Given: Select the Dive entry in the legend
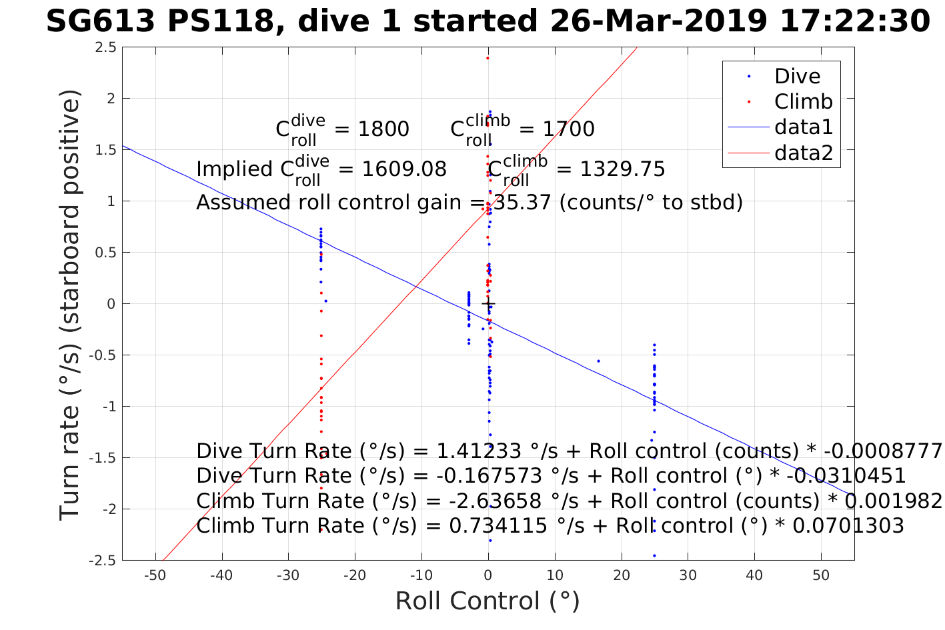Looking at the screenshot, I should (x=797, y=77).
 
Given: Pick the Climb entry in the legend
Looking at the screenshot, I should (x=803, y=102).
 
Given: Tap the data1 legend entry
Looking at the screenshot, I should (x=803, y=127).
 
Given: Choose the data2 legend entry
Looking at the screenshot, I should (x=803, y=153).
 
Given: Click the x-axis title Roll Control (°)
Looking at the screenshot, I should (x=488, y=601).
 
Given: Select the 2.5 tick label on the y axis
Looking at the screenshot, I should (x=105, y=47).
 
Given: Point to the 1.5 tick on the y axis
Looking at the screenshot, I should (x=105, y=150).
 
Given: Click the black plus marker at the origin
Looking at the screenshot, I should (x=488, y=304).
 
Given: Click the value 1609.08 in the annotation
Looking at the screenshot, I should (x=404, y=169).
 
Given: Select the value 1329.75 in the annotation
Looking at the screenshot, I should (x=622, y=169).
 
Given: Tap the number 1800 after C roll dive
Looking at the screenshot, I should (x=383, y=129).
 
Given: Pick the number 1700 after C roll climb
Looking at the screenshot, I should (x=569, y=129).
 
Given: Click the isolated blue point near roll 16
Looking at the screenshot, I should (x=598, y=361).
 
